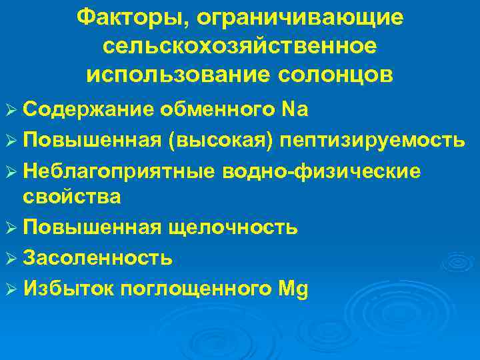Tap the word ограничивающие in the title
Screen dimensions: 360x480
tap(296, 19)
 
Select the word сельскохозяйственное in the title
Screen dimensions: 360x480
tap(240, 46)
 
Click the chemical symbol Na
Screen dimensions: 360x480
tap(293, 110)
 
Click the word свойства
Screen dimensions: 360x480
tap(71, 197)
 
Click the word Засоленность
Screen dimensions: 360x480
tap(98, 258)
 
